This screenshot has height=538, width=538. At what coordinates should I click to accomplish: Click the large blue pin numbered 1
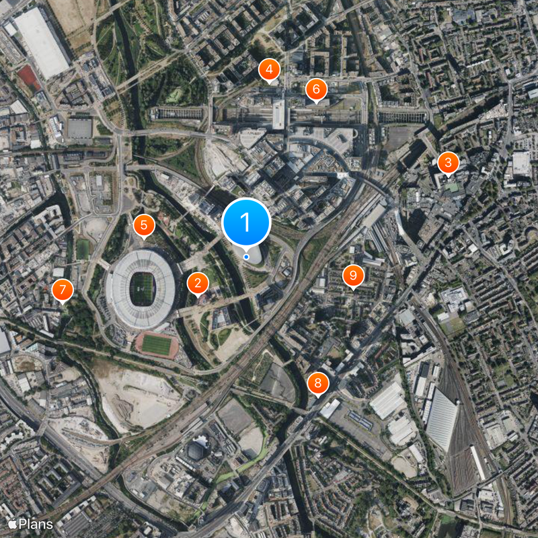pos(246,222)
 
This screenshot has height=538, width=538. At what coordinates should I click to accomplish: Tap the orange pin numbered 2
pos(197,284)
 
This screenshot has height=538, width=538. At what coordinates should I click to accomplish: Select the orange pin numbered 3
pos(448,163)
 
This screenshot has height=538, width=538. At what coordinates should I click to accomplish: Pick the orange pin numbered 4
pos(269,69)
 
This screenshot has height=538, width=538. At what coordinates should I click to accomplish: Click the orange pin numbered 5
pos(143,226)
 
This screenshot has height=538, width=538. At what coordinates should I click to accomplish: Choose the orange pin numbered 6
pos(315,89)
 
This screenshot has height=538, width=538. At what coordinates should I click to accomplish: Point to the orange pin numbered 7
pos(63,291)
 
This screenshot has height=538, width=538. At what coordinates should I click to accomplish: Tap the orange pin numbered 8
pos(318,384)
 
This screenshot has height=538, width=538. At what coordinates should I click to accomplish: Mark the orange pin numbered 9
pos(353,275)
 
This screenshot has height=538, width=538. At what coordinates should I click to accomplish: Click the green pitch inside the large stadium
pos(142,290)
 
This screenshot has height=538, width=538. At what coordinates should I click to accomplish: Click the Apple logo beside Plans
pos(11,523)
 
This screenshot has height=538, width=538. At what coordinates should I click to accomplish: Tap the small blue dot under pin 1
pos(246,256)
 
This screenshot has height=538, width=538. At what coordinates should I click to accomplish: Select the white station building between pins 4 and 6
pos(278,114)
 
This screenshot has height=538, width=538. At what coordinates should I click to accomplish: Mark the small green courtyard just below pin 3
pos(453,188)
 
